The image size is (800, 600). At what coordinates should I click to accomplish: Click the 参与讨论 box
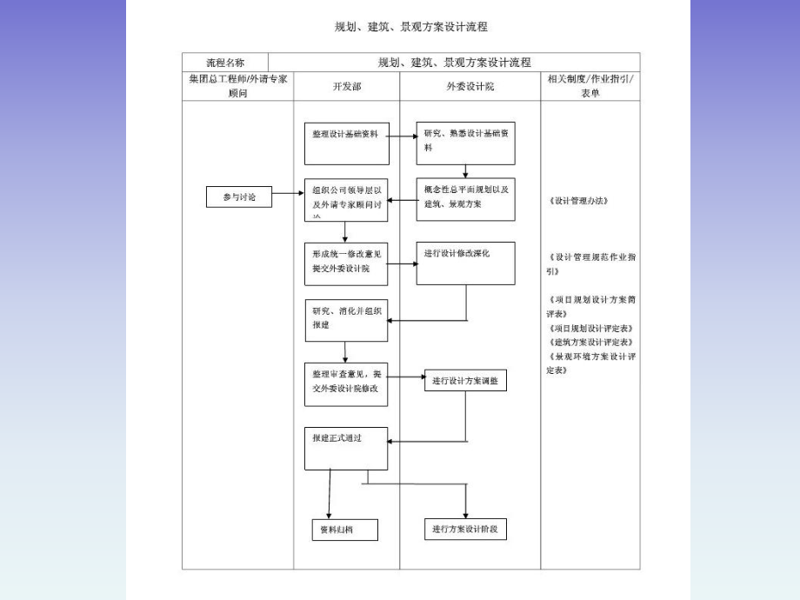coord(237,197)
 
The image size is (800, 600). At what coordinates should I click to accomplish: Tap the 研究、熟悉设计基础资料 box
coord(465,143)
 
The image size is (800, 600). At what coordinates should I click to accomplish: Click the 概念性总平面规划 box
coord(465,198)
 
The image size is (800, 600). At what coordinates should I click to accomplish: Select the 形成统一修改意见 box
coord(345,263)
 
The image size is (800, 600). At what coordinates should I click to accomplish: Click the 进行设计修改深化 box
coord(465,263)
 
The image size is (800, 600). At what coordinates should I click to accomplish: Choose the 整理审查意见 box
coord(345,383)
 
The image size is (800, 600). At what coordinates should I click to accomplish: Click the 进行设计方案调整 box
coord(465,381)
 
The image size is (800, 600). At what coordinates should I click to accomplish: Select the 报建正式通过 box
coord(345,448)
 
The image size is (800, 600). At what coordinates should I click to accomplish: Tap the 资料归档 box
coord(345,529)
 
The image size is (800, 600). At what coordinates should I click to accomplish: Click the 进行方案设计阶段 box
coord(465,529)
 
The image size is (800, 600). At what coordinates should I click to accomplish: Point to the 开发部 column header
coord(345,87)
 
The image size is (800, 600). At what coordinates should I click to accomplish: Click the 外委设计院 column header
coord(470,87)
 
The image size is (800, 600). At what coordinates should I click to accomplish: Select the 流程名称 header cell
coord(225,63)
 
